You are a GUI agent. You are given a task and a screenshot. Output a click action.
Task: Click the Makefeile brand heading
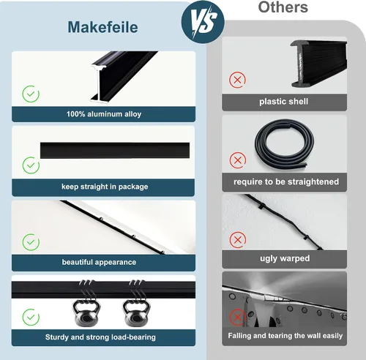click(102, 27)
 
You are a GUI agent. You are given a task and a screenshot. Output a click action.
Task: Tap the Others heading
click(283, 7)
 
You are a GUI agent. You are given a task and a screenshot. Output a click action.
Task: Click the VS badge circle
click(203, 22)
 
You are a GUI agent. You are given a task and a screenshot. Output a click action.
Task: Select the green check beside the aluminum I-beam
click(31, 94)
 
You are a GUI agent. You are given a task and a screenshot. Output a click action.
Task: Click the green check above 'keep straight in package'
click(31, 165)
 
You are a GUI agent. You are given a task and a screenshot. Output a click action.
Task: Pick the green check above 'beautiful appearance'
click(31, 242)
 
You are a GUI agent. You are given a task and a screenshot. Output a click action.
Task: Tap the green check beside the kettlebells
click(31, 317)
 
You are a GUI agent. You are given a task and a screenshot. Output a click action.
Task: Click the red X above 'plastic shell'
click(237, 80)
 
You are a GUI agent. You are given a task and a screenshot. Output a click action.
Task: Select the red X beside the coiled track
click(237, 160)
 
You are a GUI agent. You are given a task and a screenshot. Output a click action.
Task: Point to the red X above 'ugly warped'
click(238, 240)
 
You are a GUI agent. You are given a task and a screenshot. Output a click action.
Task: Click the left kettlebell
click(86, 313)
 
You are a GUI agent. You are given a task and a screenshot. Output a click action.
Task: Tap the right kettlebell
click(136, 313)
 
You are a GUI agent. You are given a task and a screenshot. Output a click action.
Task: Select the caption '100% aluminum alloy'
click(104, 114)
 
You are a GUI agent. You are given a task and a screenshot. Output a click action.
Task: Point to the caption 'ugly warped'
click(285, 258)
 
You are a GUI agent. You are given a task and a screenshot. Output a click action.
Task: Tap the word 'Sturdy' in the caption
click(57, 337)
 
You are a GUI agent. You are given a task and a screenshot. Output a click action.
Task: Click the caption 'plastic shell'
click(283, 102)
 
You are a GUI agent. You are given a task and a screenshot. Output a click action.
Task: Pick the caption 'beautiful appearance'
click(99, 262)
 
